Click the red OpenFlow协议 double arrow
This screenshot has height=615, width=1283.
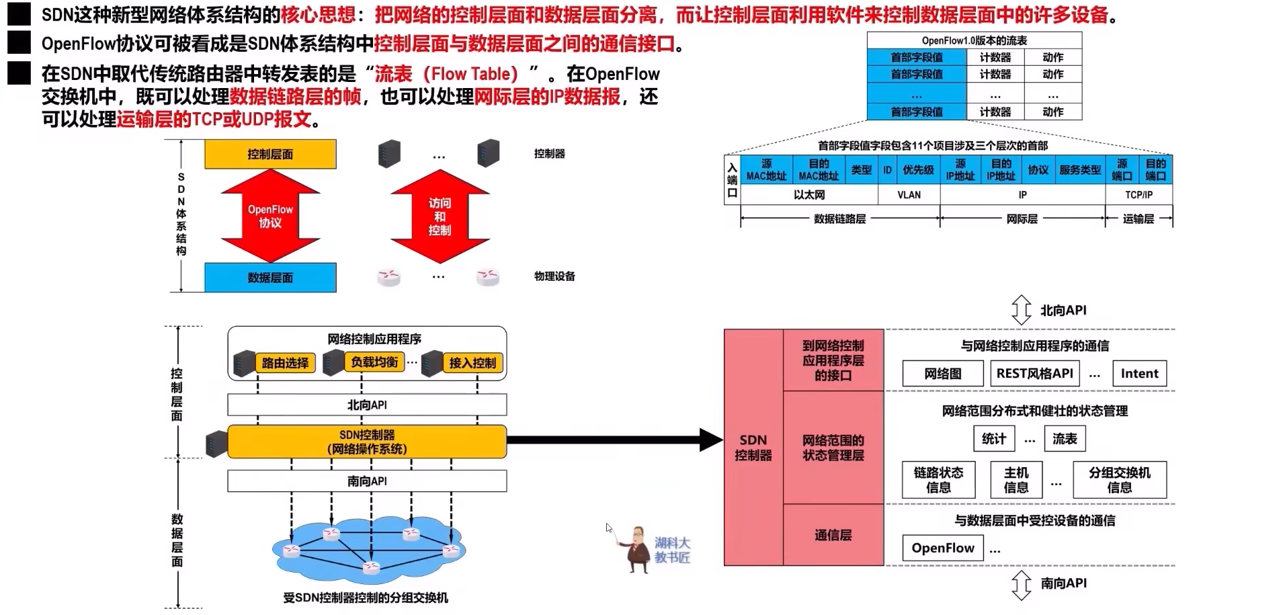(270, 215)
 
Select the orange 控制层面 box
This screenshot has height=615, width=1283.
(270, 154)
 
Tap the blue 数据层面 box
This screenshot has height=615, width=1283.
(270, 278)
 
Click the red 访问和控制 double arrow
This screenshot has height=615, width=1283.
(440, 216)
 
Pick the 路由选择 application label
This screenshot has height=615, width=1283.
(285, 363)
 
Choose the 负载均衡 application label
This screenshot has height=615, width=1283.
(374, 362)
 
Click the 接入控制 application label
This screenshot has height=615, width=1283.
(472, 363)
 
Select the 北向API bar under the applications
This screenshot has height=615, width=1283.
(367, 405)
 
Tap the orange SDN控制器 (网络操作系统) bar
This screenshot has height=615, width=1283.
(367, 442)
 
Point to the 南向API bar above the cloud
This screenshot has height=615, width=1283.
(367, 481)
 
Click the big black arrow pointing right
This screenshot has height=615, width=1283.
(612, 440)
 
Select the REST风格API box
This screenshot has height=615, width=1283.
(1034, 374)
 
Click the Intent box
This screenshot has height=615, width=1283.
(1139, 374)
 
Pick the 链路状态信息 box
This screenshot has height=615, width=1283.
(938, 480)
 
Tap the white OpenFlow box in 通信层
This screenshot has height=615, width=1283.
(942, 548)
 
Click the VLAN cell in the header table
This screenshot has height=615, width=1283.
(909, 195)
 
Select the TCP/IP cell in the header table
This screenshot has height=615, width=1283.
(1139, 195)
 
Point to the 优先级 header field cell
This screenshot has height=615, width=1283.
(918, 170)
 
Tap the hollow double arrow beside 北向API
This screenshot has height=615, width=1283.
(1021, 310)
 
